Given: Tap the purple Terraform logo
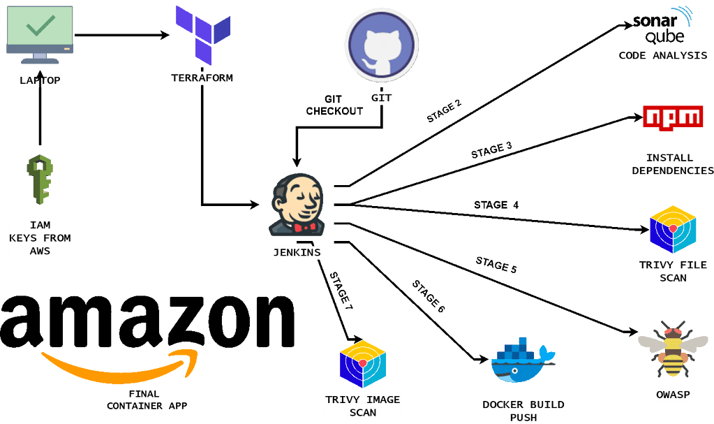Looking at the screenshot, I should (x=202, y=34).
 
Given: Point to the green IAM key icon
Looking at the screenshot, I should (x=40, y=180).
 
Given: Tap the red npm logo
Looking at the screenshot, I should (x=672, y=117).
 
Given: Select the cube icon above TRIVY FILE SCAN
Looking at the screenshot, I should (x=672, y=229).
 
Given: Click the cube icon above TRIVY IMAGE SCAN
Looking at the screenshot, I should (x=362, y=364).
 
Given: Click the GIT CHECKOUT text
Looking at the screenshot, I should (x=334, y=105).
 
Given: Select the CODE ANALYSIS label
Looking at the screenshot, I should (x=662, y=55).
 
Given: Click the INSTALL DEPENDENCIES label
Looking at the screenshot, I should (x=672, y=164).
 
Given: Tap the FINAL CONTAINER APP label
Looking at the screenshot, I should (x=147, y=400).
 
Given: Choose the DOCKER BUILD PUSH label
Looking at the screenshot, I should (x=523, y=411).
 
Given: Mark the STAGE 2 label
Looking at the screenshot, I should (x=444, y=111).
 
